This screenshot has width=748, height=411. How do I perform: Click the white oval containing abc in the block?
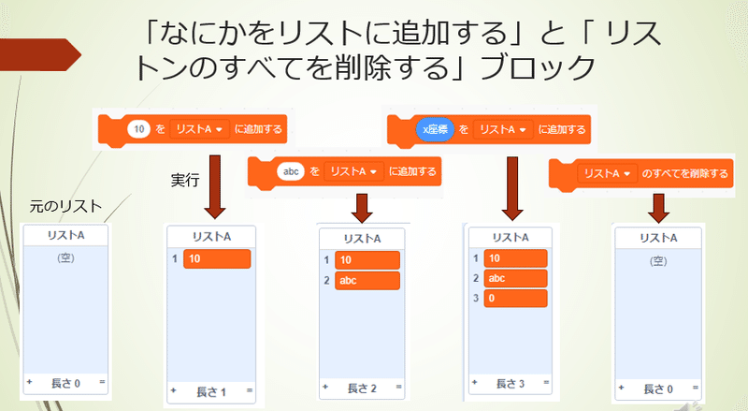pos(291,171)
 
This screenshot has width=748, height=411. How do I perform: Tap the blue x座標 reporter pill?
pos(435,129)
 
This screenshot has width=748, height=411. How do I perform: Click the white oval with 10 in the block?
pos(138,129)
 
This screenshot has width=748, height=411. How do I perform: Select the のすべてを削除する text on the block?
pos(684,173)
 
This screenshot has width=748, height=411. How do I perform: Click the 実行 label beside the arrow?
pos(185,180)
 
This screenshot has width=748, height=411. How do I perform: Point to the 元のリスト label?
pos(65,207)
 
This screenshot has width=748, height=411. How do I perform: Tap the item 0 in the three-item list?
pos(515,299)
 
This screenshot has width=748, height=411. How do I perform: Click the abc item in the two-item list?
pos(367,281)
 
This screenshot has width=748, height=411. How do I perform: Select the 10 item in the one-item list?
pos(217,259)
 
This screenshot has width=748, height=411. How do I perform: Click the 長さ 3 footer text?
pos(510,383)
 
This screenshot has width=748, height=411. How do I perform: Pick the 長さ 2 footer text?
pos(362,389)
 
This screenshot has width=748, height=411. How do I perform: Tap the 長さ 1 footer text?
pos(211,392)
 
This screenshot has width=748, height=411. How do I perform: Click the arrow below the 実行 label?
pos(215,187)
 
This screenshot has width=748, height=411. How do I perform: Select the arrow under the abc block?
pos(362,209)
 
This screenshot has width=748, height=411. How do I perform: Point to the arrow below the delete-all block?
pos(659,209)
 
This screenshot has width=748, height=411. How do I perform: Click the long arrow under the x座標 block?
pos(512,188)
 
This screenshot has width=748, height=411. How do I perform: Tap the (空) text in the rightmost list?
pos(658,261)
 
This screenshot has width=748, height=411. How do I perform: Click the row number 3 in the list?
pos(476,299)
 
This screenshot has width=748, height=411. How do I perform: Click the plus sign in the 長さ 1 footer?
pos(174,390)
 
